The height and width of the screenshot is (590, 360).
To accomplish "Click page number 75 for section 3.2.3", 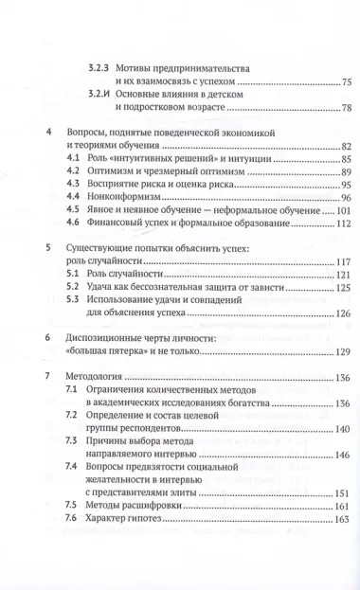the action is pyautogui.click(x=320, y=82).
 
